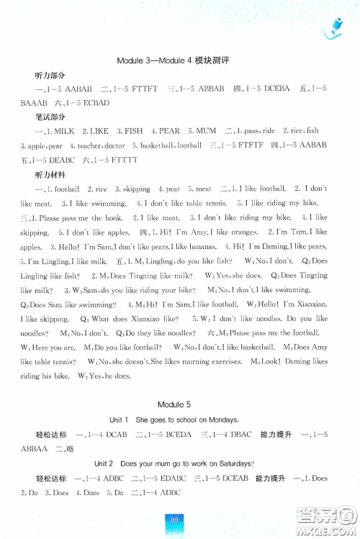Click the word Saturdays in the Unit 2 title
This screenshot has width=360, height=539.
(x=243, y=464)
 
